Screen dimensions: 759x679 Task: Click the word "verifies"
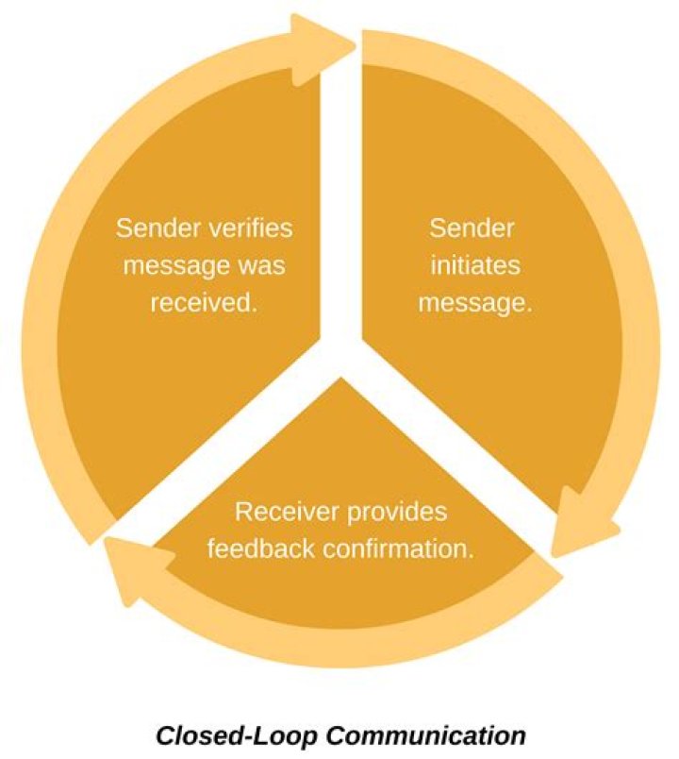click(250, 228)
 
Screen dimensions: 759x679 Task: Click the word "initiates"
click(474, 266)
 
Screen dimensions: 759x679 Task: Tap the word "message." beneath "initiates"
click(474, 303)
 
